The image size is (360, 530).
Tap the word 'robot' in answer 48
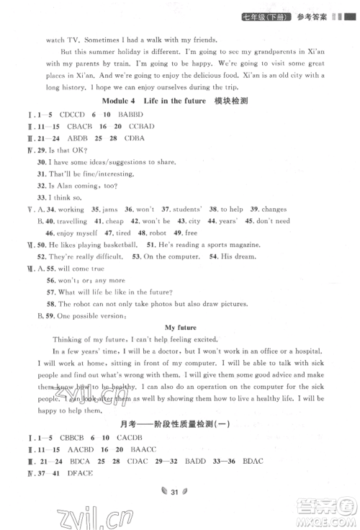click(157, 233)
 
